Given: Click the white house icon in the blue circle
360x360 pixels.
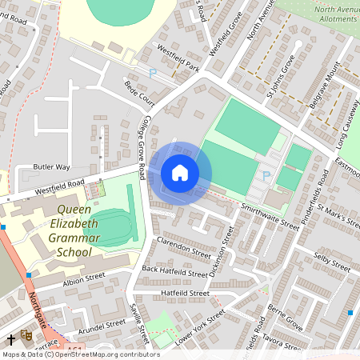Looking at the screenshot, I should coord(180,172).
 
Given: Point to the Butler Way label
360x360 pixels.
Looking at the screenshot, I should coord(52,167).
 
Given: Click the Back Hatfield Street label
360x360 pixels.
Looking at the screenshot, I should coord(175,271).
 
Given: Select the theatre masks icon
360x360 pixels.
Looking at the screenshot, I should coord(26,336).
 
